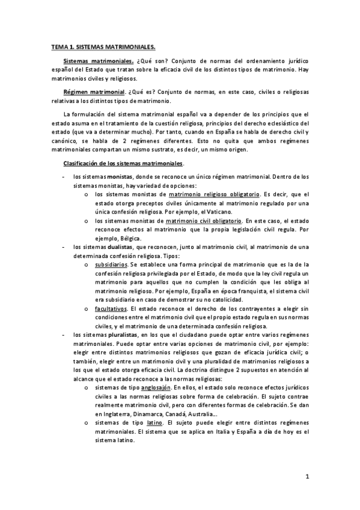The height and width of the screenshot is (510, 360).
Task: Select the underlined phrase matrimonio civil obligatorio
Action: [x=206, y=221]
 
